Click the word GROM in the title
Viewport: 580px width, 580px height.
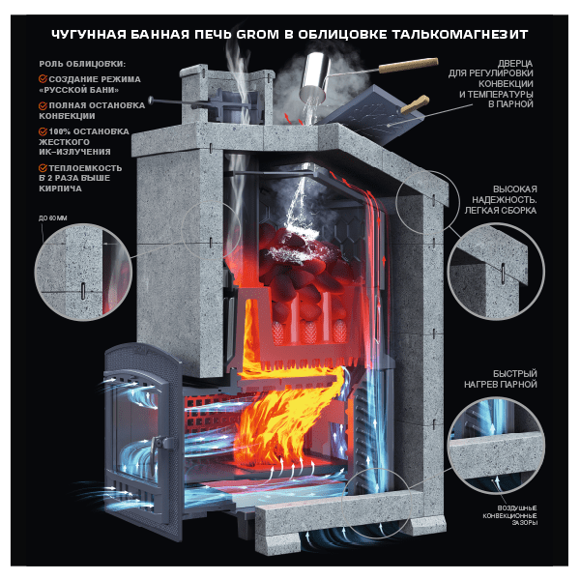coord(257,35)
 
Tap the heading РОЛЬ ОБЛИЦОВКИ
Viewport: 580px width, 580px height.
coord(82,64)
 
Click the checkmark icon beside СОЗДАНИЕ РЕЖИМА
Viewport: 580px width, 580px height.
coord(43,79)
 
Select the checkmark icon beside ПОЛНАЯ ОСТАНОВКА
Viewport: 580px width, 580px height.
coord(43,105)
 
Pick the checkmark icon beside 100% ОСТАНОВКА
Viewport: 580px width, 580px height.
coord(43,131)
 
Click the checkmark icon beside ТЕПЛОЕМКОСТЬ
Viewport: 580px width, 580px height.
coord(43,168)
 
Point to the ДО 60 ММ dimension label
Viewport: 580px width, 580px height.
coord(53,218)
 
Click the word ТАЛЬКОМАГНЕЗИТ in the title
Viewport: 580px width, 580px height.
coord(460,35)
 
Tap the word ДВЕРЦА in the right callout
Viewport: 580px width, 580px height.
coord(515,64)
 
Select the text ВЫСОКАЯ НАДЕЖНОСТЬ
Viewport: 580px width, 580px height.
coord(505,194)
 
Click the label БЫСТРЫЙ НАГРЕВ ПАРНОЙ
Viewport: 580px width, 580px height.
coord(501,379)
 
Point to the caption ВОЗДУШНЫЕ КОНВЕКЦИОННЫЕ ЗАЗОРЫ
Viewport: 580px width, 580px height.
coord(510,515)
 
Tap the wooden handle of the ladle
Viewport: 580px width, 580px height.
coord(408,66)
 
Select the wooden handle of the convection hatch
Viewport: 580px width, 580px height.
coord(415,104)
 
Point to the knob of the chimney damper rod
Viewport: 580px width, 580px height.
coord(151,100)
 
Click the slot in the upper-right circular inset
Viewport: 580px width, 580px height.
coord(503,274)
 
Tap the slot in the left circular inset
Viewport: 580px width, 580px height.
coord(83,291)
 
